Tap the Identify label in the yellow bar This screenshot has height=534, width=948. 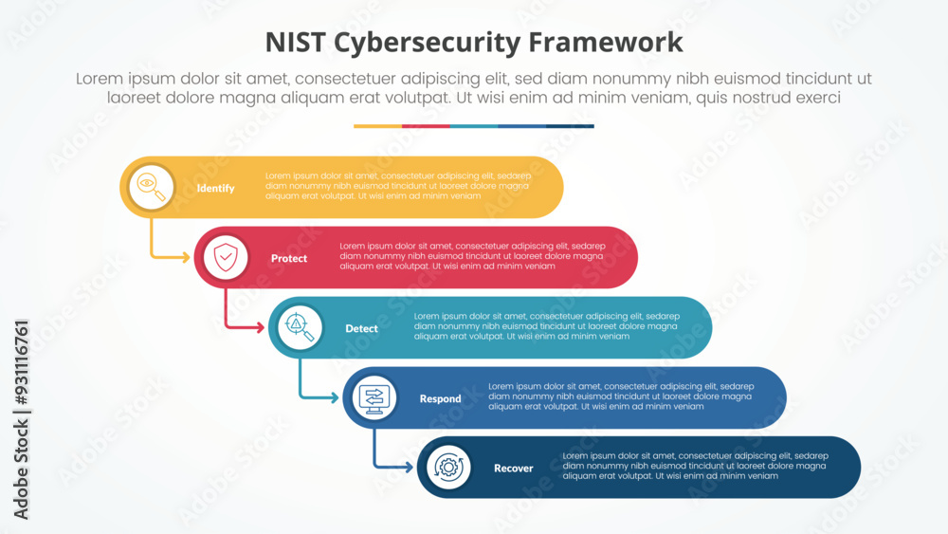pyautogui.click(x=215, y=188)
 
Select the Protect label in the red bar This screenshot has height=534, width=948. pyautogui.click(x=289, y=258)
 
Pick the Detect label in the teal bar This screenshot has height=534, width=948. pyautogui.click(x=361, y=328)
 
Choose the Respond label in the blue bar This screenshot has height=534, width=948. pyautogui.click(x=440, y=398)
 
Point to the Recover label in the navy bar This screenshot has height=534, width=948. pyautogui.click(x=513, y=469)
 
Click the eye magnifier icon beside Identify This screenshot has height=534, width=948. pyautogui.click(x=152, y=187)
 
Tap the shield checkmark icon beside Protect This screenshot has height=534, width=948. pyautogui.click(x=226, y=257)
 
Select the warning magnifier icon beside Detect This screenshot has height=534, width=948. pyautogui.click(x=301, y=327)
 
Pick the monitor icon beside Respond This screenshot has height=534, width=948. pyautogui.click(x=374, y=397)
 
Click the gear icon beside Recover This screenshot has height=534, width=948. pyautogui.click(x=448, y=468)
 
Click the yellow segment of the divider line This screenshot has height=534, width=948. pyautogui.click(x=377, y=125)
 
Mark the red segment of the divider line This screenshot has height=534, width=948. pyautogui.click(x=426, y=125)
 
